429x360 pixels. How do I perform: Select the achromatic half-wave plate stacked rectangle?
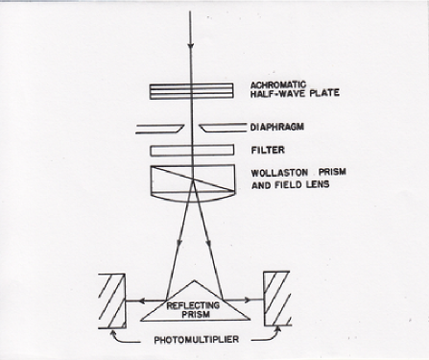[191, 91]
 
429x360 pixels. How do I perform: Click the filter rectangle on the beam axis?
[191, 150]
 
